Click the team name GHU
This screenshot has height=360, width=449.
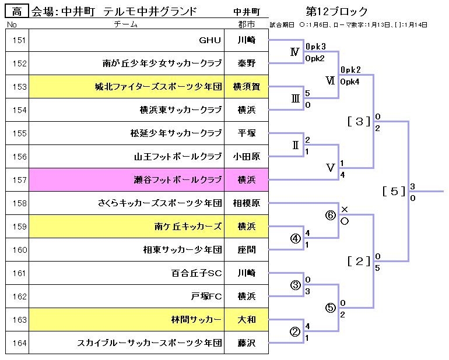(210, 40)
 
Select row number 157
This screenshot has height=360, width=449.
(19, 180)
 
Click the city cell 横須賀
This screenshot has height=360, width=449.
(247, 87)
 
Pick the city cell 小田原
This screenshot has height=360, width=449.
(247, 157)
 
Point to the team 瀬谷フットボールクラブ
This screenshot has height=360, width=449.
(178, 180)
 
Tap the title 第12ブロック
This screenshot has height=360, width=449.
(336, 12)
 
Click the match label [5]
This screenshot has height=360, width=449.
(394, 190)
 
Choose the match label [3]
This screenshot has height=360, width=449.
(359, 121)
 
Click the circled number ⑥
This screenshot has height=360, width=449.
(331, 215)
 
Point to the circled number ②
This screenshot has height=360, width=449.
(295, 331)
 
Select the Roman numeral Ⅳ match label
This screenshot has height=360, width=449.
(295, 52)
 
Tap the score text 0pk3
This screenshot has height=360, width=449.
(315, 46)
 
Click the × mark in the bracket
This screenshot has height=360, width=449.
(344, 209)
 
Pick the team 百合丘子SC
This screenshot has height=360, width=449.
(197, 273)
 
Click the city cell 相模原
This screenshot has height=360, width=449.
(247, 203)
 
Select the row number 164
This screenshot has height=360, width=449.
(19, 343)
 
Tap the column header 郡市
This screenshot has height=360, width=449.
(247, 24)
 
